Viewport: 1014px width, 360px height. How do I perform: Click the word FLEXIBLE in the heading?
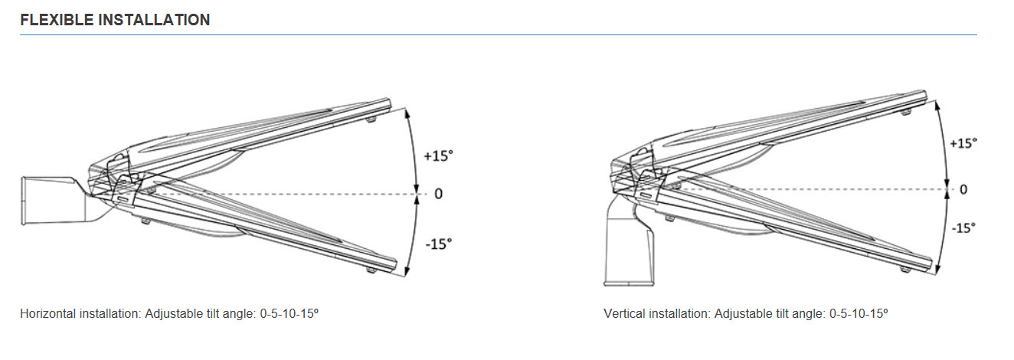(57, 20)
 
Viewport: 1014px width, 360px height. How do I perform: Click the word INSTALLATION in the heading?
(154, 20)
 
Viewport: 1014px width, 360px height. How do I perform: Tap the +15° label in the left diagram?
(438, 155)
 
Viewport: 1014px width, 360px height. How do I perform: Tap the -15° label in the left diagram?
(439, 244)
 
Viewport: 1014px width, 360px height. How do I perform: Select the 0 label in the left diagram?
(438, 194)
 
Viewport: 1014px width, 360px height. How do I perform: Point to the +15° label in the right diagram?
(963, 143)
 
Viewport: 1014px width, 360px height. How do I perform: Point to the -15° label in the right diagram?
(963, 227)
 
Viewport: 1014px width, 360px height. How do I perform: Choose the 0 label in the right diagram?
(963, 189)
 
